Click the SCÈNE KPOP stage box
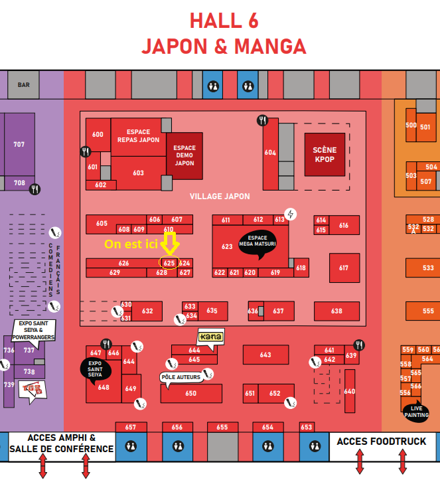click(x=325, y=155)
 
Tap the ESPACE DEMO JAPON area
click(x=184, y=156)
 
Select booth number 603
click(x=138, y=173)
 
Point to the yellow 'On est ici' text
click(x=131, y=244)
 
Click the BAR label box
click(x=24, y=85)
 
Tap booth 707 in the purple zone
click(x=19, y=144)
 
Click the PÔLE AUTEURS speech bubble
click(x=181, y=377)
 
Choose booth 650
click(x=191, y=393)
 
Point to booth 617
click(x=343, y=268)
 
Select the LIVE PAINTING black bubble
click(x=415, y=411)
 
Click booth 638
click(x=336, y=311)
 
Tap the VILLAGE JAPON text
click(x=220, y=197)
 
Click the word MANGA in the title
click(x=267, y=46)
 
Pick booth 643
click(x=265, y=355)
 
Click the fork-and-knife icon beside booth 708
click(x=35, y=189)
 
